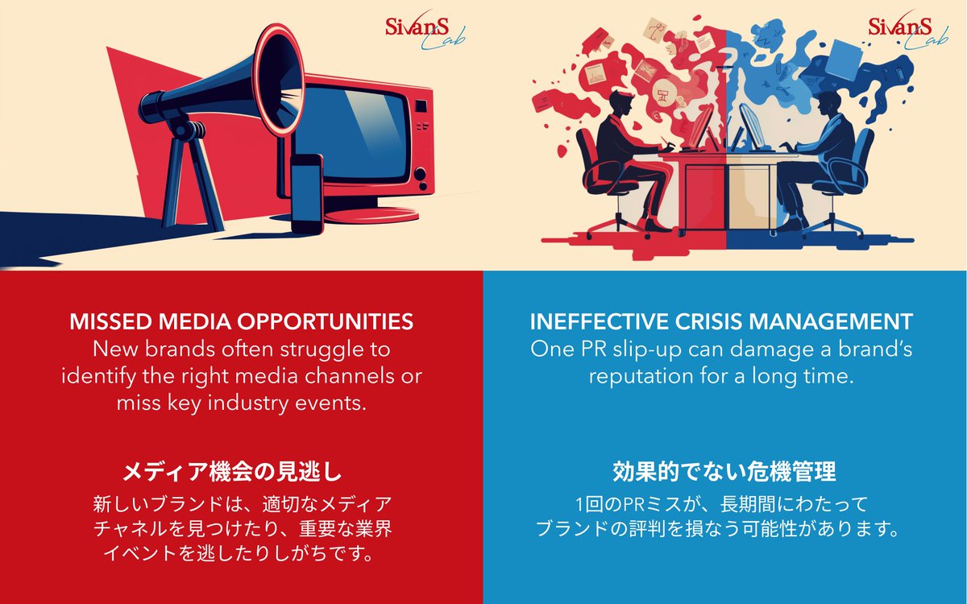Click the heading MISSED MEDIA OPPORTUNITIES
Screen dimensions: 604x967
241,322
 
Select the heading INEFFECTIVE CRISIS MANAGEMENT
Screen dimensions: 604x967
721,322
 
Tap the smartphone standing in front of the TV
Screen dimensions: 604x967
305,193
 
